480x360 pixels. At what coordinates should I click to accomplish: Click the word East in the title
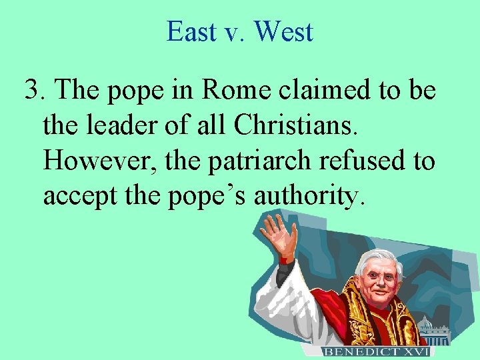pos(191,31)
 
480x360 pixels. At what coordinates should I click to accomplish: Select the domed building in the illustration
pos(426,330)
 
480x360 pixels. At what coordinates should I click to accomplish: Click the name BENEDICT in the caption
pos(360,351)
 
